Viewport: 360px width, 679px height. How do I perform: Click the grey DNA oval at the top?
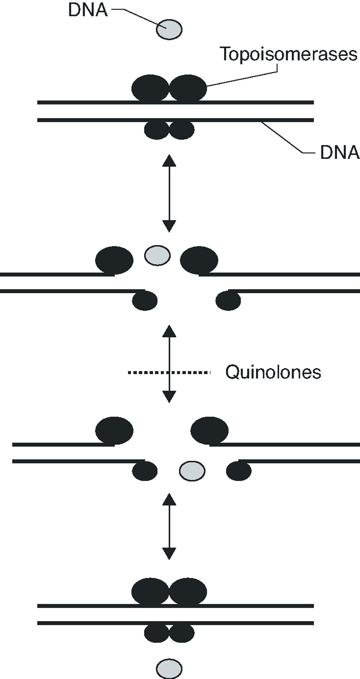[169, 29]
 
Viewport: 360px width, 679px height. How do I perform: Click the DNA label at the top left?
[88, 10]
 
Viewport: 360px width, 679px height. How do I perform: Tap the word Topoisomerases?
[288, 54]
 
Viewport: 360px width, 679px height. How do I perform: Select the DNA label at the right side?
[339, 152]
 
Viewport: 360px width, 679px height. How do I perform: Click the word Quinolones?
[273, 372]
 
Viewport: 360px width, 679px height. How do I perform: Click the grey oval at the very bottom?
[169, 668]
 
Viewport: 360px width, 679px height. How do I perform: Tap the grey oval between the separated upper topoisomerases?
[157, 255]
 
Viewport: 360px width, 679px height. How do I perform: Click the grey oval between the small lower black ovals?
[192, 471]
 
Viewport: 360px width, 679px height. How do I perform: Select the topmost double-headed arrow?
[169, 193]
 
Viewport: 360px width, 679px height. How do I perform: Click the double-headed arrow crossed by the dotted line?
[169, 364]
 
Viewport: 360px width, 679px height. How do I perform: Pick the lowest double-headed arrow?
[169, 526]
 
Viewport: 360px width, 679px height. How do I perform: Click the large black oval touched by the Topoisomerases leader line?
[188, 88]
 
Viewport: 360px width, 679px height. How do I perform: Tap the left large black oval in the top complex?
[150, 88]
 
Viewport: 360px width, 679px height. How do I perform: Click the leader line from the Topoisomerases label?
[244, 78]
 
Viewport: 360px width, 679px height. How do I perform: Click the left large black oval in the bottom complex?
[150, 591]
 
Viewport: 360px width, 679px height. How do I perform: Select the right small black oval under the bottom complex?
[182, 633]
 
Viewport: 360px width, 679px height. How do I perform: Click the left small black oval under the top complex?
[157, 130]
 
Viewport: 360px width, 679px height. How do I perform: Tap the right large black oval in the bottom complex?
[188, 591]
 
